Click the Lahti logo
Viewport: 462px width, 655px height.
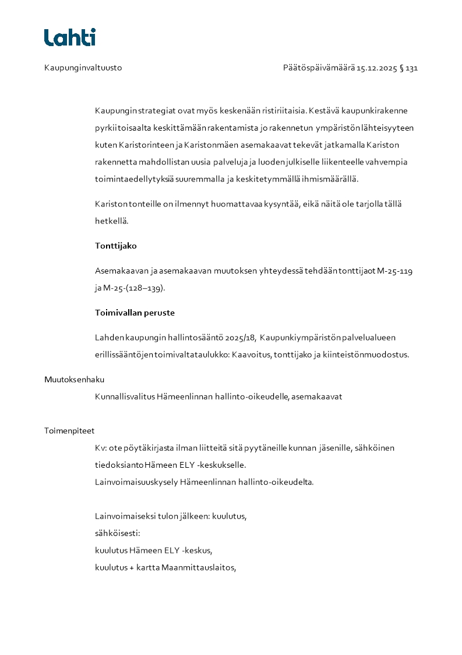point(70,37)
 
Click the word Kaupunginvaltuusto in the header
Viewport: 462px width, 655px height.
point(83,68)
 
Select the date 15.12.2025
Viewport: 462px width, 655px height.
point(376,68)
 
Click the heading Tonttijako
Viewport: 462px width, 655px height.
point(116,246)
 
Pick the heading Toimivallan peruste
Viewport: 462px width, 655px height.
point(135,312)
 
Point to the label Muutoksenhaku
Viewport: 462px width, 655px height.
point(75,379)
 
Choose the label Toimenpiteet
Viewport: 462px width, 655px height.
point(69,430)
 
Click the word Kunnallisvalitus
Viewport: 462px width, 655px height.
point(125,397)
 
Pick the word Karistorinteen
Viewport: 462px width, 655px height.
point(146,145)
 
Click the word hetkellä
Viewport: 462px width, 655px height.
point(111,221)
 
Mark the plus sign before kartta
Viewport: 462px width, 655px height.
point(132,568)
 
